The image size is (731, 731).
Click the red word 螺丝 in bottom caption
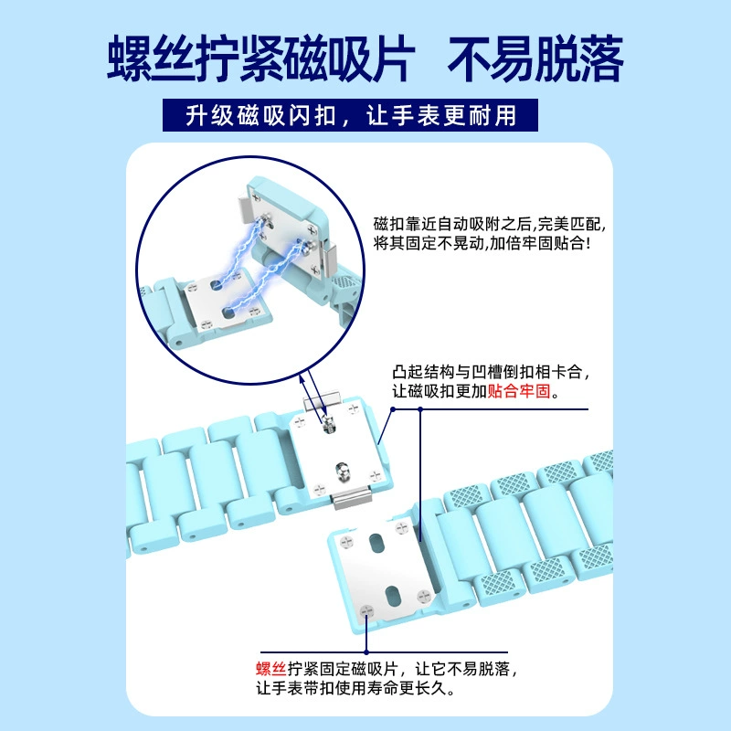pos(270,669)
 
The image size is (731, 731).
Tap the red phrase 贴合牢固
pos(519,391)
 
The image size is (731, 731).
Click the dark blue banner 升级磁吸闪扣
pos(350,115)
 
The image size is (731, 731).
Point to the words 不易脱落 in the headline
pos(536,58)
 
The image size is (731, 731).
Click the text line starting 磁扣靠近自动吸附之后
pos(490,224)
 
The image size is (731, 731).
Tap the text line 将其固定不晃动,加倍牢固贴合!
pos(482,243)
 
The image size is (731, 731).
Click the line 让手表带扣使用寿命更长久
pos(355,688)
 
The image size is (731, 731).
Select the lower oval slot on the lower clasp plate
pos(391,596)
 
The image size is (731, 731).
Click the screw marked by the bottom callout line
pos(366,610)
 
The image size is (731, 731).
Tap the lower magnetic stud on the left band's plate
pos(342,471)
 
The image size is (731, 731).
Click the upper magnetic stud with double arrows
pos(329,425)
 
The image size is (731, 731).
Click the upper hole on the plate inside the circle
pos(216,285)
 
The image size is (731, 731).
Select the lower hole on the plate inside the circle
pos(228,313)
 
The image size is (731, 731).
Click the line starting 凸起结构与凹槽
pos(491,372)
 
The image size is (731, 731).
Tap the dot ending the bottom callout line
pos(366,652)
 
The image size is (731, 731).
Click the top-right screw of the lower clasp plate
pos(402,528)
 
